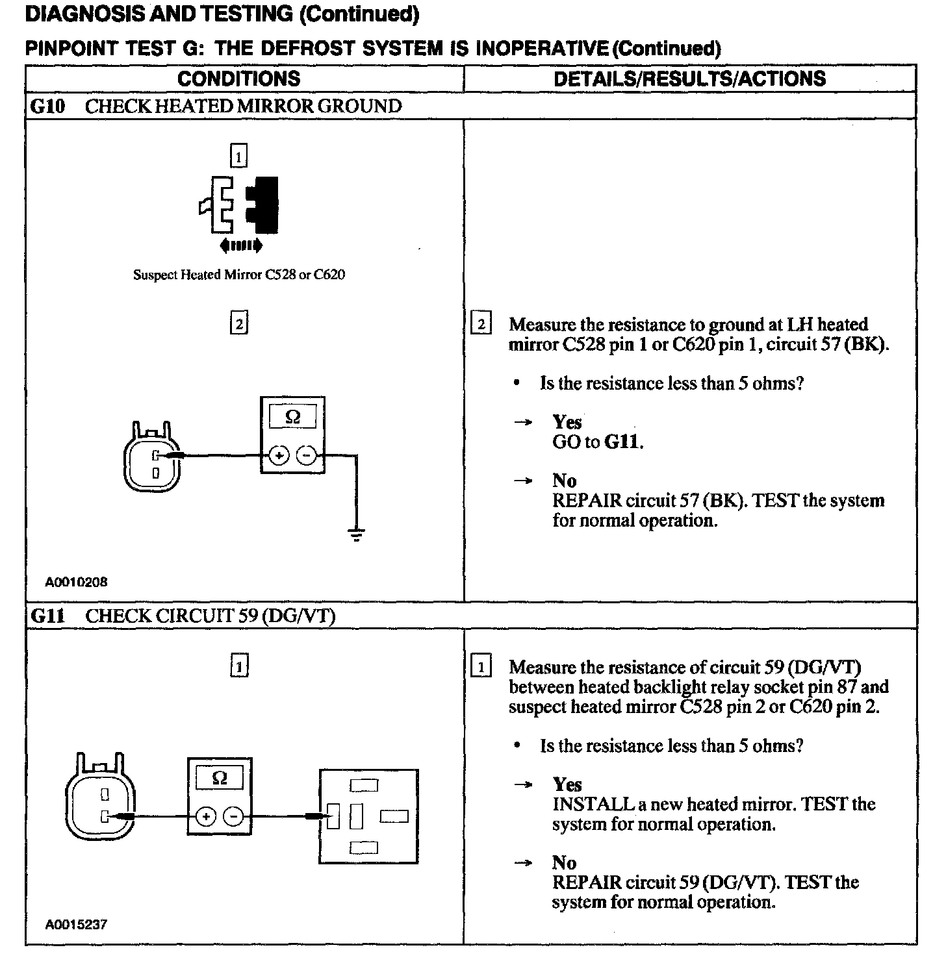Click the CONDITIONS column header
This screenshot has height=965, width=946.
pyautogui.click(x=238, y=79)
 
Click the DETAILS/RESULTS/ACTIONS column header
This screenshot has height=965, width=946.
pyautogui.click(x=689, y=79)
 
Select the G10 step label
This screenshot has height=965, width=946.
pyautogui.click(x=48, y=106)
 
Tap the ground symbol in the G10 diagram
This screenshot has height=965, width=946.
pyautogui.click(x=356, y=534)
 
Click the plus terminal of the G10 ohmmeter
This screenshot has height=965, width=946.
pyautogui.click(x=279, y=456)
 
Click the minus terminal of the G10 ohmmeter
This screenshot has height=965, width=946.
pyautogui.click(x=306, y=456)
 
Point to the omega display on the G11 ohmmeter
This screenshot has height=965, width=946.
pyautogui.click(x=220, y=778)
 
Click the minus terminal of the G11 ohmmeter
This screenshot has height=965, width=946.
pyautogui.click(x=233, y=816)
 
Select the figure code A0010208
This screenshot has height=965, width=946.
pyautogui.click(x=76, y=582)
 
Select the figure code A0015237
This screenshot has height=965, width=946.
pyautogui.click(x=76, y=924)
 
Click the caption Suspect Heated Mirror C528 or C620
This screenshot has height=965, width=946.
pyautogui.click(x=239, y=275)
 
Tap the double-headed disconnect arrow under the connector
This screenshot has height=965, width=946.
pyautogui.click(x=241, y=245)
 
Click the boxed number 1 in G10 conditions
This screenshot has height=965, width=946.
pyautogui.click(x=239, y=156)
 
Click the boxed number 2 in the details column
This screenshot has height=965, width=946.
pyautogui.click(x=481, y=324)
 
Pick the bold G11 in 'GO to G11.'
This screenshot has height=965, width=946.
pyautogui.click(x=622, y=442)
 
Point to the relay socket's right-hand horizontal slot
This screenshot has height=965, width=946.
pyautogui.click(x=394, y=816)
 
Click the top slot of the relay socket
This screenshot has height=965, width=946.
pyautogui.click(x=363, y=786)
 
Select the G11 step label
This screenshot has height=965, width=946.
pyautogui.click(x=48, y=616)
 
